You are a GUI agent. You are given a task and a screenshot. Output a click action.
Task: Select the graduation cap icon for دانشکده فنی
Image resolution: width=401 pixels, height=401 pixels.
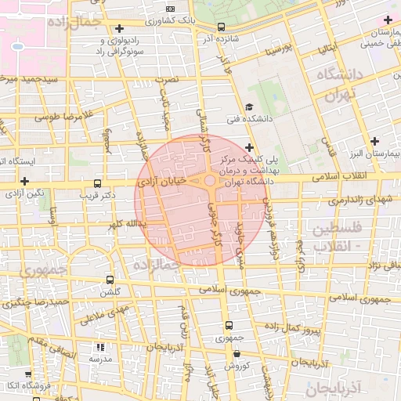249,107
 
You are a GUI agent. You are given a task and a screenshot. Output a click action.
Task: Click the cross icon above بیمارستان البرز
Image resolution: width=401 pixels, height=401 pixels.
375,142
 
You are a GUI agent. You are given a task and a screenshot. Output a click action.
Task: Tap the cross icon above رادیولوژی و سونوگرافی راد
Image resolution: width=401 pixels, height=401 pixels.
118,28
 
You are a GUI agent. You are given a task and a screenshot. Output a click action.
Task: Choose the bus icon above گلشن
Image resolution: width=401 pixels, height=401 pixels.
110,280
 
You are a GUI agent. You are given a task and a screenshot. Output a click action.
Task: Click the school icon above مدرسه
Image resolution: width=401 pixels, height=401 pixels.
99,346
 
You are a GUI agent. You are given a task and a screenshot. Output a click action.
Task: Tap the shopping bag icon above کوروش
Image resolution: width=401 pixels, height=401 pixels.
237,353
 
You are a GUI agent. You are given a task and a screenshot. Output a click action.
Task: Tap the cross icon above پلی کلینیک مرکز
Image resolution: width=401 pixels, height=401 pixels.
249,146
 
